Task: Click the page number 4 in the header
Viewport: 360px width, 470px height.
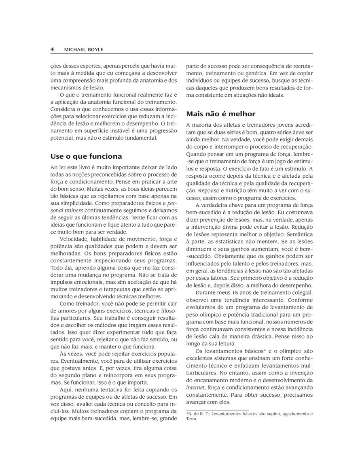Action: [x=52, y=49]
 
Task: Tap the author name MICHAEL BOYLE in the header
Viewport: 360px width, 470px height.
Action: [x=84, y=49]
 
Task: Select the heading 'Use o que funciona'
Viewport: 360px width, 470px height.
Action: [x=86, y=156]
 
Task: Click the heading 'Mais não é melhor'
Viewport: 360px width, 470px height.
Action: [x=221, y=114]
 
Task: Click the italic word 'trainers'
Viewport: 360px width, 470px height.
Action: [x=72, y=211]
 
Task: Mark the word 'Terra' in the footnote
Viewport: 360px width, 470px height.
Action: [x=191, y=419]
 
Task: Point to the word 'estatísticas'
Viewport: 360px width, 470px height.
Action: [x=218, y=241]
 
